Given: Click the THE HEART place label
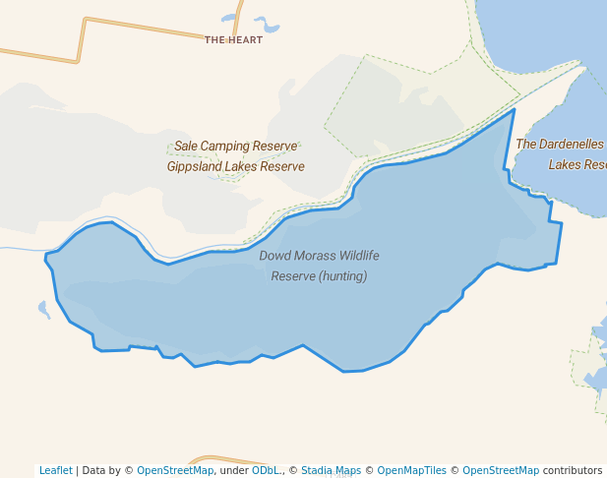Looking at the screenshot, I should coord(234,40).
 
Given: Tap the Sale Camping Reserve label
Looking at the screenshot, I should coord(235,147).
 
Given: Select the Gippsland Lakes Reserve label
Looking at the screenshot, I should coord(235,167).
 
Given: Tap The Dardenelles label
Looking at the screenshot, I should coord(560,144).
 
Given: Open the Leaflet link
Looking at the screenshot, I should coord(55,470).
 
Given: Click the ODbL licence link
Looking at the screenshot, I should coord(265,470).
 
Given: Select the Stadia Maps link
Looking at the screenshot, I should coord(330,470).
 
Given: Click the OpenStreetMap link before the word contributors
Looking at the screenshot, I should coord(501,470).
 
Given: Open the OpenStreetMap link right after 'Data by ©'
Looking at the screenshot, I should coord(175,470).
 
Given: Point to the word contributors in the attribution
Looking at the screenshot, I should coord(573,470).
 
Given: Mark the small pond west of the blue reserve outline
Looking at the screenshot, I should coord(43,310).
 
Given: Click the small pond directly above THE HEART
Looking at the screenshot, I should coord(228,18).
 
